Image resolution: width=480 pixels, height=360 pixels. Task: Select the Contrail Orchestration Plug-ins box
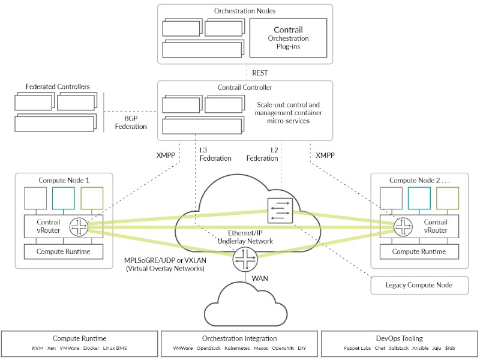pyautogui.click(x=288, y=37)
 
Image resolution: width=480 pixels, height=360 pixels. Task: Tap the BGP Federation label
pyautogui.click(x=122, y=123)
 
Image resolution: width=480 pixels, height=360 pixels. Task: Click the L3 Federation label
pyautogui.click(x=216, y=154)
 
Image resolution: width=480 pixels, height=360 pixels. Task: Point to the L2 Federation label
pyautogui.click(x=262, y=154)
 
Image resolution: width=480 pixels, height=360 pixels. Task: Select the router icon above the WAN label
pyautogui.click(x=246, y=260)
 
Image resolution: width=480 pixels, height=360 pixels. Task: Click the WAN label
pyautogui.click(x=260, y=279)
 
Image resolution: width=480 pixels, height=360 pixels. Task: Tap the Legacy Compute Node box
pyautogui.click(x=419, y=285)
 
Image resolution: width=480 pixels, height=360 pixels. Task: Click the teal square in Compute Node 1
pyautogui.click(x=64, y=197)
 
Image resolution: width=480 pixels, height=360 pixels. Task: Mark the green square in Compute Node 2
pyautogui.click(x=448, y=197)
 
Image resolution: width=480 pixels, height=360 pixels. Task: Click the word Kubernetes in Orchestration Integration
pyautogui.click(x=237, y=348)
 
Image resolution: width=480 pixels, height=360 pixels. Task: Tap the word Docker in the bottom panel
pyautogui.click(x=92, y=348)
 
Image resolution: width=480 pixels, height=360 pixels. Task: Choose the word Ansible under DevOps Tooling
pyautogui.click(x=420, y=348)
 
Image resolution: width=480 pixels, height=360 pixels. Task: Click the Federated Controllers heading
pyautogui.click(x=58, y=87)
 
